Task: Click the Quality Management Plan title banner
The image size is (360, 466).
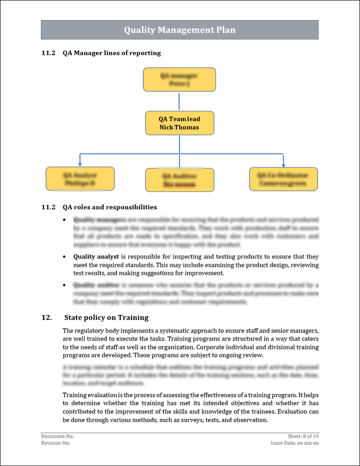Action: point(179,30)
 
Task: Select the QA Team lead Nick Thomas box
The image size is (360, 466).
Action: point(179,123)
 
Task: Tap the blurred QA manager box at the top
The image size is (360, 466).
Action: point(179,79)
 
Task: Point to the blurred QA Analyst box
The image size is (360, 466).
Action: point(80,179)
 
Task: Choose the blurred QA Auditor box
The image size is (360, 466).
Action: point(179,180)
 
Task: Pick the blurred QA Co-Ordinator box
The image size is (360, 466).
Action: point(283,179)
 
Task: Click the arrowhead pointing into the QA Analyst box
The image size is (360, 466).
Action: point(80,163)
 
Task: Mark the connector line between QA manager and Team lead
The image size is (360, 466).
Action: point(179,101)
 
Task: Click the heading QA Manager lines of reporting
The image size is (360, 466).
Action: point(111,53)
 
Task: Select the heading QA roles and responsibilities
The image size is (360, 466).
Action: point(109,207)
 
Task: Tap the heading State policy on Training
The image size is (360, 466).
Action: point(106,317)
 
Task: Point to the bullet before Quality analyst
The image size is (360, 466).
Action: point(64,256)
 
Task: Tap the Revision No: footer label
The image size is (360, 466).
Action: point(55,443)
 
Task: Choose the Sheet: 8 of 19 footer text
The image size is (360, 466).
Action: point(303,436)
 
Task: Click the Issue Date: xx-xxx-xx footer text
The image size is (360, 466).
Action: point(294,443)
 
